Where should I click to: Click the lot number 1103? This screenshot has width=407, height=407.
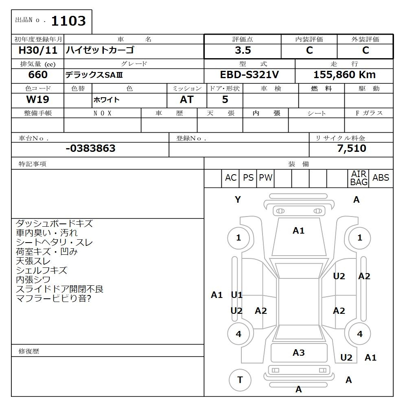point(68,21)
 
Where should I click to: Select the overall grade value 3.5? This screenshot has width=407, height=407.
point(243,50)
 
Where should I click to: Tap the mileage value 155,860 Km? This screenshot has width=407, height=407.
point(344,75)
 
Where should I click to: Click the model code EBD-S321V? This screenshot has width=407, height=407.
point(249,75)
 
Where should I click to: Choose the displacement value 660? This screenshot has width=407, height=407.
point(38,75)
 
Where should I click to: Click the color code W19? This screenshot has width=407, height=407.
point(38,99)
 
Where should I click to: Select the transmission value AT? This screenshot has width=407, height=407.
point(187,99)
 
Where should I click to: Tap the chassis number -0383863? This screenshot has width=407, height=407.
point(90,149)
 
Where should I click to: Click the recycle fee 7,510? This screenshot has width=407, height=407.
point(352,149)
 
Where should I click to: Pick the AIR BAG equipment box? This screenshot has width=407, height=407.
point(359,178)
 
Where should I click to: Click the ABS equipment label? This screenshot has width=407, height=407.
point(381,178)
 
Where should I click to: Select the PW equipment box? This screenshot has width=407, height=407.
point(266,178)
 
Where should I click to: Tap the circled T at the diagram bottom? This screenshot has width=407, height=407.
point(240,380)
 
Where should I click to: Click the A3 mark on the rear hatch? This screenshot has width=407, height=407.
point(299,353)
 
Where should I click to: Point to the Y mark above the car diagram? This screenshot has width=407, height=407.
point(238,200)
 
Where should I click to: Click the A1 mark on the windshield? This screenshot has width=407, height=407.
point(299,231)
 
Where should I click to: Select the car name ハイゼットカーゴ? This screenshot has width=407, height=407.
point(100,50)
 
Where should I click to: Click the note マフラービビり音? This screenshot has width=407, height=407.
point(53,299)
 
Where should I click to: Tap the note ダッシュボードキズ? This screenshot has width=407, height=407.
point(54,223)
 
